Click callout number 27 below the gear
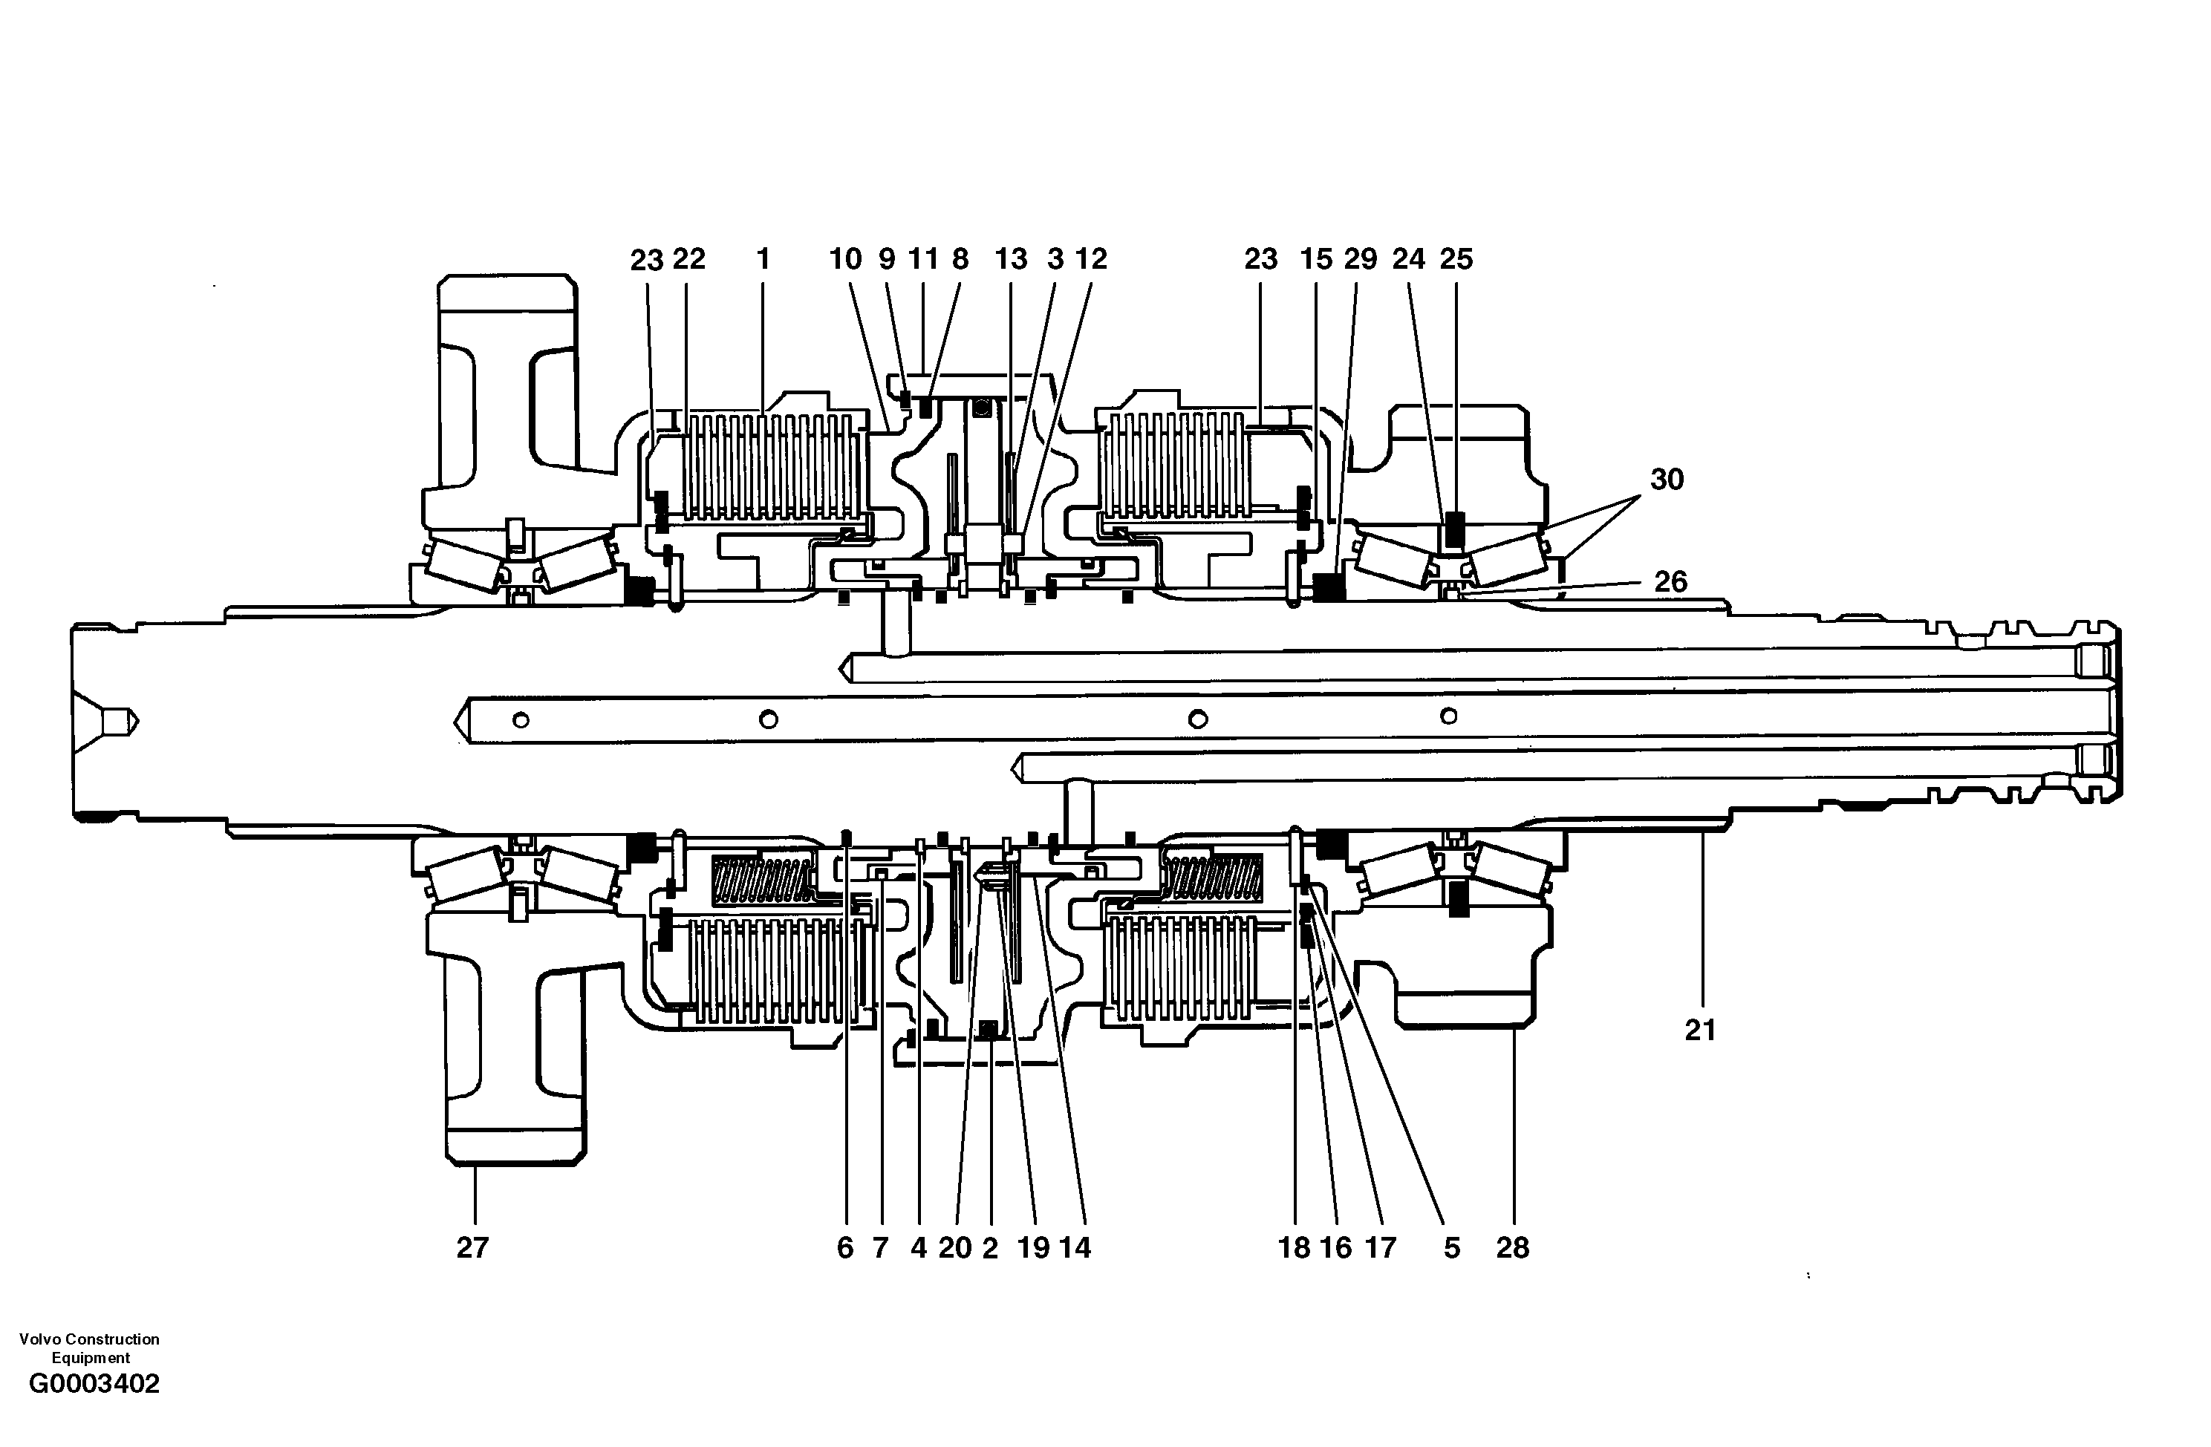point(472,1247)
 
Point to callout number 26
point(1670,581)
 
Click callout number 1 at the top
point(763,258)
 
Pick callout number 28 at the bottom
point(1512,1247)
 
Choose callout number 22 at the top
point(689,258)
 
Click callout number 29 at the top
point(1360,258)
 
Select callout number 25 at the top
point(1456,258)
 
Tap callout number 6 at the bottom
point(844,1247)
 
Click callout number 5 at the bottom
point(1451,1247)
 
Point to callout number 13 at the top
point(1011,258)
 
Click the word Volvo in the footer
point(38,1339)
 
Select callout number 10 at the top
point(845,258)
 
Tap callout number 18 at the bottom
point(1294,1247)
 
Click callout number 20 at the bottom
point(954,1247)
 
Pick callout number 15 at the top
point(1315,258)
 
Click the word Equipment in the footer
point(90,1357)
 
